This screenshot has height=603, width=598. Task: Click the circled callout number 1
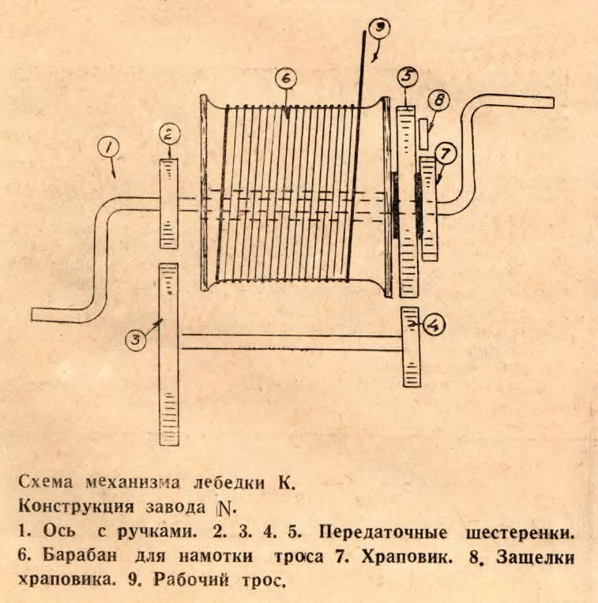[108, 148]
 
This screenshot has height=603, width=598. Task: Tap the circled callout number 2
[170, 136]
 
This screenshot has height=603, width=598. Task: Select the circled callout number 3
[136, 340]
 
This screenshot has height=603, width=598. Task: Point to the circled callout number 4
[434, 325]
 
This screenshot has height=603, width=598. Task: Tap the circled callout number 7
[446, 154]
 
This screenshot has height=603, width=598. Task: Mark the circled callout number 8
[439, 100]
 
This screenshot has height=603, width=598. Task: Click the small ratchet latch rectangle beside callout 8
[423, 133]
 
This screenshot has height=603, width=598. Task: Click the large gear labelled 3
[168, 354]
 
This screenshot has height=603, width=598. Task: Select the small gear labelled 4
[411, 346]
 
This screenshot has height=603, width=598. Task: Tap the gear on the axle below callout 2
[168, 203]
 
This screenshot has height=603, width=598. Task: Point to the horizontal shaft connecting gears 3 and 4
[291, 343]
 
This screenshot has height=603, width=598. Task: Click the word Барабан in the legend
[80, 556]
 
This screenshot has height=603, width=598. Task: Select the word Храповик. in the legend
[407, 556]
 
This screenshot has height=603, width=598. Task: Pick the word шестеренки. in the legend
[520, 533]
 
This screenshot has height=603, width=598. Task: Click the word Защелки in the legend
[536, 558]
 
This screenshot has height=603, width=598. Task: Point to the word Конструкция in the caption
[76, 507]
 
